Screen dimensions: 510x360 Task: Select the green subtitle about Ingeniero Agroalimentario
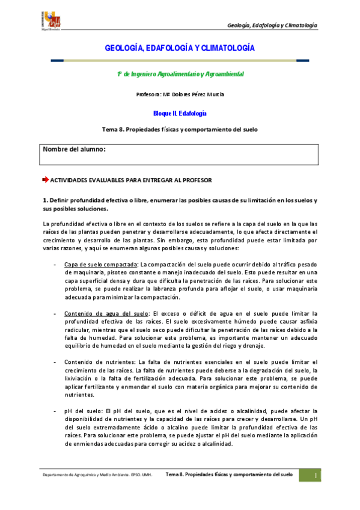click(x=180, y=73)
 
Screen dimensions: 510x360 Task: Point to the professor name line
click(x=180, y=94)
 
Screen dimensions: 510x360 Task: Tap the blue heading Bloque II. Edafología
click(x=180, y=112)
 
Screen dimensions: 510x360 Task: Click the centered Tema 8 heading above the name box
click(x=180, y=129)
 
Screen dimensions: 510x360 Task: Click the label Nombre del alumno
click(x=75, y=149)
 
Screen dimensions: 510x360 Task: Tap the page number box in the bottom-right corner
click(x=315, y=476)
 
